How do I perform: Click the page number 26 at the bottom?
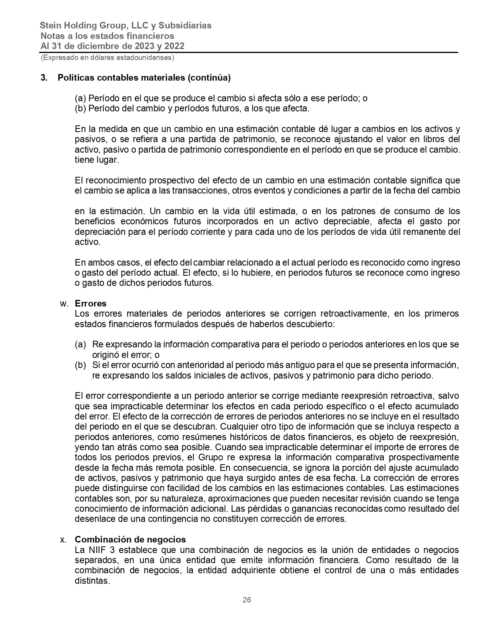point(247,600)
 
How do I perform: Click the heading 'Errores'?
point(90,303)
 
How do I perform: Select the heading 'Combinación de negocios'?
point(130,539)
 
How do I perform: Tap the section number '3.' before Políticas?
point(44,78)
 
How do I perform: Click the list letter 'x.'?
point(63,540)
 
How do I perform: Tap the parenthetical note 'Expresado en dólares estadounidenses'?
point(108,58)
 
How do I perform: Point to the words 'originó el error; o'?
point(126,355)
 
